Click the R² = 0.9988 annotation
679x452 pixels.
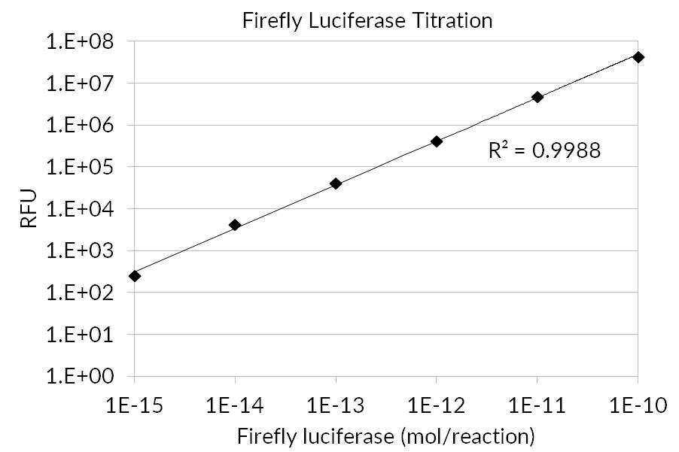click(544, 150)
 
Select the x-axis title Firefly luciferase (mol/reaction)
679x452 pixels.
click(386, 435)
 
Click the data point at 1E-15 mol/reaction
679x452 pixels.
click(135, 276)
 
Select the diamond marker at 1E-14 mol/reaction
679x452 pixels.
click(235, 225)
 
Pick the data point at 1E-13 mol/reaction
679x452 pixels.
click(336, 184)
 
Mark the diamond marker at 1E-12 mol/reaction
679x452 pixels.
click(437, 141)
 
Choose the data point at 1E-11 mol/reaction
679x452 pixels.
click(537, 97)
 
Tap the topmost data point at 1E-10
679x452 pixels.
click(638, 57)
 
